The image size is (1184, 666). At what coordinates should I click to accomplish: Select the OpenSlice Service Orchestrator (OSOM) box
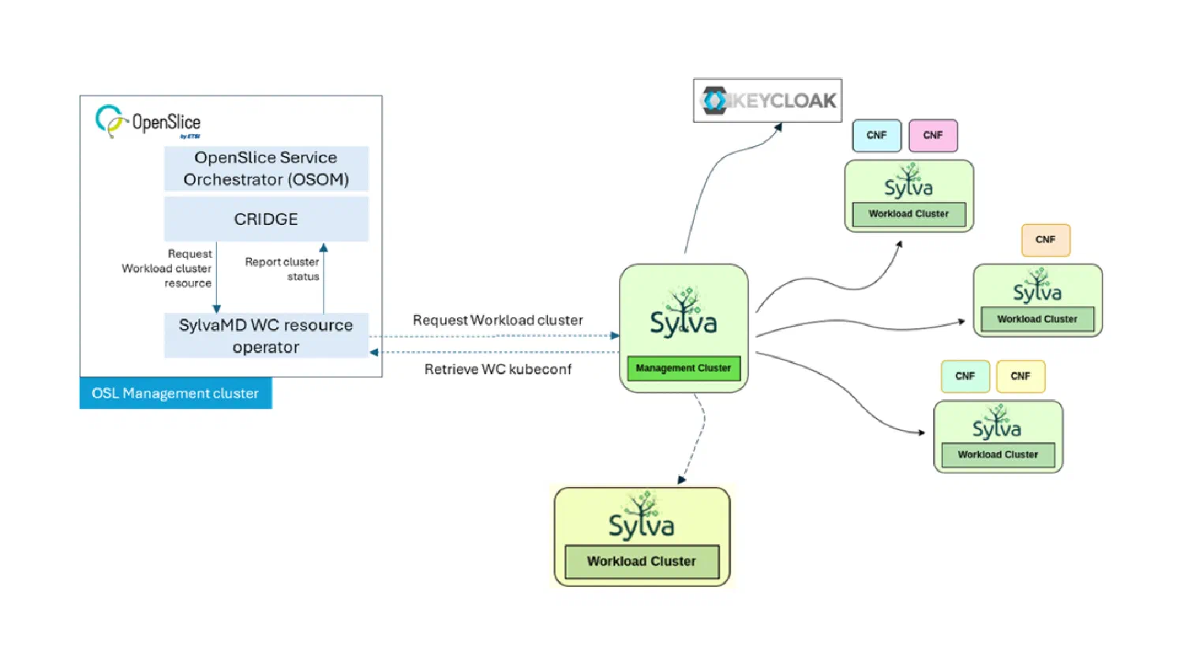click(267, 169)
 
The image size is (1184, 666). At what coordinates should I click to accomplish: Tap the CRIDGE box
click(267, 219)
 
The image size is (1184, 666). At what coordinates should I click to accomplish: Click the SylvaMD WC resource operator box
click(267, 335)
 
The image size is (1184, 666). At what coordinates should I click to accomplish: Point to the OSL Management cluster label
click(175, 393)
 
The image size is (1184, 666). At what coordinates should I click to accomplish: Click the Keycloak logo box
click(767, 100)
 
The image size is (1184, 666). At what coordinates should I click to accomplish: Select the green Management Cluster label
click(684, 368)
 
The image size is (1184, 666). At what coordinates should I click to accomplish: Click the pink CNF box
click(933, 135)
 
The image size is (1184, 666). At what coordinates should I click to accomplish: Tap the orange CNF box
click(1046, 240)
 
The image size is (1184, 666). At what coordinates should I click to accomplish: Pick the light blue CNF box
click(876, 135)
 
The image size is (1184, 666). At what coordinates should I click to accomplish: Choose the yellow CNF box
click(1021, 376)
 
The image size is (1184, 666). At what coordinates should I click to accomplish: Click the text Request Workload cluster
click(498, 320)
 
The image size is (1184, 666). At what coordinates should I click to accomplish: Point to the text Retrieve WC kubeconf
click(498, 369)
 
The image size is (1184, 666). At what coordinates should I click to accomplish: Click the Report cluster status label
click(283, 269)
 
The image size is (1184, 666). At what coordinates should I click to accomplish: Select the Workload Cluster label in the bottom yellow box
click(642, 561)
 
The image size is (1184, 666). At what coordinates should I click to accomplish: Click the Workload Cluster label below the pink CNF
click(909, 214)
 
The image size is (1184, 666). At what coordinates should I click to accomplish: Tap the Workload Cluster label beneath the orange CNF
click(1037, 320)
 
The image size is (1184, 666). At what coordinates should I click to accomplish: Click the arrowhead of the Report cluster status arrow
click(324, 247)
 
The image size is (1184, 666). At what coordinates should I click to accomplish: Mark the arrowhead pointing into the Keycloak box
click(778, 127)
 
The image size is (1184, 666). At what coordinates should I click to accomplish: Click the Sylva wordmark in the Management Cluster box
click(684, 323)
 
